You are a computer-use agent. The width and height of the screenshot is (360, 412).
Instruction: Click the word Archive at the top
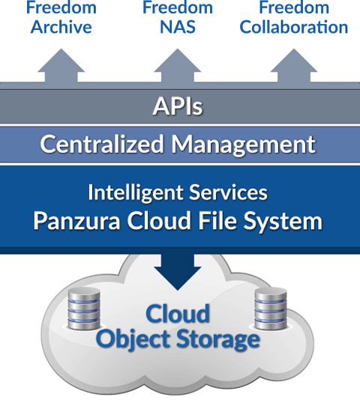(61, 27)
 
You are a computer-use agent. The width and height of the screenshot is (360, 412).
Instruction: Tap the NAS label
(178, 27)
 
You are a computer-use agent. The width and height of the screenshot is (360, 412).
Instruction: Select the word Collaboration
(294, 27)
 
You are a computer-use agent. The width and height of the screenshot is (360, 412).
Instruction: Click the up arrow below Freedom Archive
(61, 66)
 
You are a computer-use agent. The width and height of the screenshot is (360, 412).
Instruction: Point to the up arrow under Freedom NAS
(178, 66)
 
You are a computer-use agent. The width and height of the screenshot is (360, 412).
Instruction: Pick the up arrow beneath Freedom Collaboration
(294, 66)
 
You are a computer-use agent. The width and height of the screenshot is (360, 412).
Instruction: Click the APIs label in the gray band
(178, 106)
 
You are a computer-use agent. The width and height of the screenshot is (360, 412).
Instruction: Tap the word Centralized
(102, 144)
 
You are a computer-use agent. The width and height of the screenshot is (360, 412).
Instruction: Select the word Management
(244, 145)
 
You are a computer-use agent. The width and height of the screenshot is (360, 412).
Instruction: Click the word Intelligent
(136, 193)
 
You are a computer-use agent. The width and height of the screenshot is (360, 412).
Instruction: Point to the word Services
(228, 193)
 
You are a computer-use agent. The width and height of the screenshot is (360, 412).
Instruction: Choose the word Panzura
(76, 221)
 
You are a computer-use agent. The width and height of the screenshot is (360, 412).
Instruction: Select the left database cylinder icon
(84, 309)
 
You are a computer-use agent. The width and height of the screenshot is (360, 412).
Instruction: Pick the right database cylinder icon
(271, 309)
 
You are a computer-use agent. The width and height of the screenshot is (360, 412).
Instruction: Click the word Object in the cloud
(134, 339)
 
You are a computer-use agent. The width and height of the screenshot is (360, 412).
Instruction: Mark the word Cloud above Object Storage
(178, 313)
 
